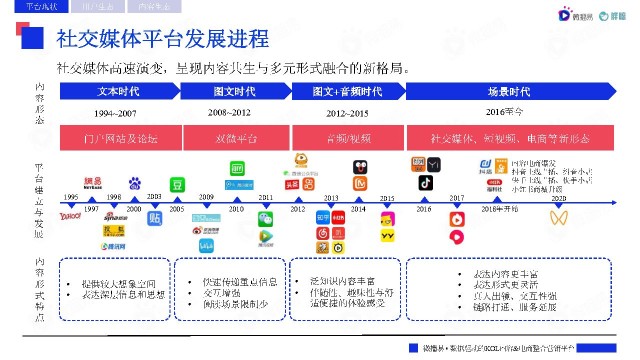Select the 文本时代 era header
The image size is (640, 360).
click(x=119, y=90)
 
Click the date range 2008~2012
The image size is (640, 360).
click(x=229, y=112)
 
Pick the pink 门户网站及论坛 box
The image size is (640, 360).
click(x=119, y=136)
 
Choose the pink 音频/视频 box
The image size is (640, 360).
click(x=347, y=136)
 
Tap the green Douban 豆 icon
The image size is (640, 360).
click(x=177, y=184)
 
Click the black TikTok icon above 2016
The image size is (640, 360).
click(x=424, y=183)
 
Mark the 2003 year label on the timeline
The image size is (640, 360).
click(x=154, y=197)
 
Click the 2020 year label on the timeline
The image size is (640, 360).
click(x=558, y=198)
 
